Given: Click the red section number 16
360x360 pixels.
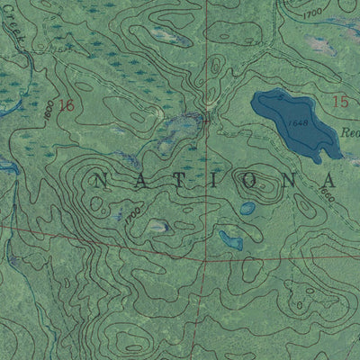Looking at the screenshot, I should click(x=65, y=104).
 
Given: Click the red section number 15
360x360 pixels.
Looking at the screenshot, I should click(x=339, y=103).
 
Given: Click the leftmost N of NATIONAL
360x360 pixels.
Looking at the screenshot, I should click(x=98, y=179).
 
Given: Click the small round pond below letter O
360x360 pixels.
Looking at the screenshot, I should click(x=247, y=208).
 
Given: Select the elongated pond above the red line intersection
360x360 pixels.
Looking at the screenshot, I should click(x=230, y=240).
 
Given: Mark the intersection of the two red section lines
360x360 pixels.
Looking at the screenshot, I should click(x=205, y=260).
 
